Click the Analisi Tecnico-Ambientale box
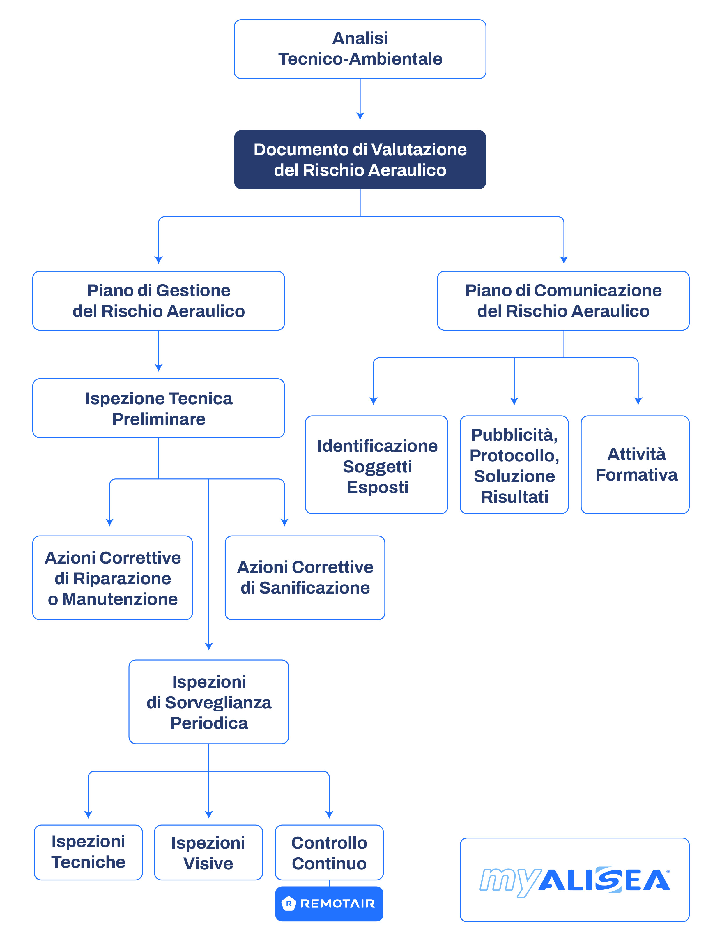(360, 49)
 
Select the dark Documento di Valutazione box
(360, 160)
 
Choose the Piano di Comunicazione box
(563, 301)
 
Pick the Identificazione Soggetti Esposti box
(376, 465)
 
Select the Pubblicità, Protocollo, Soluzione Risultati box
(514, 465)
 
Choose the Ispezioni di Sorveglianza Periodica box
(208, 702)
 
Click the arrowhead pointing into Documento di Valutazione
(360, 116)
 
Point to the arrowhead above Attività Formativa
(638, 401)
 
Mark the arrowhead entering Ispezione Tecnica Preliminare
(159, 368)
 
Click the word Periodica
(209, 723)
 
